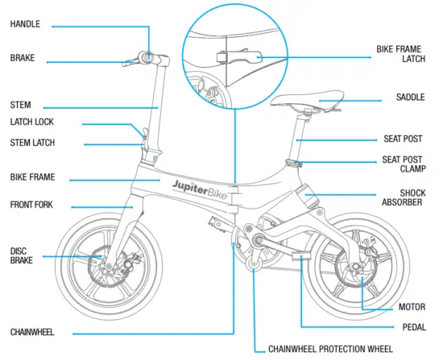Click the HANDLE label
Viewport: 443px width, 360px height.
pos(26,25)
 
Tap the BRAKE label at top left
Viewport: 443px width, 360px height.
pos(23,59)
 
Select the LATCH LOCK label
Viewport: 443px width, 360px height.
pos(33,123)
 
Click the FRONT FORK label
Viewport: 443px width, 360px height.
pos(31,205)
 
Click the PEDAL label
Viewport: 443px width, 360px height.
pos(414,328)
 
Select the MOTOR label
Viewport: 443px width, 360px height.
pos(412,307)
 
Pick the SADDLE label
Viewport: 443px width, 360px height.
pos(411,97)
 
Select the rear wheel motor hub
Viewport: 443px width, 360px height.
pos(359,276)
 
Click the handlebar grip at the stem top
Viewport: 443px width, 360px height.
pos(147,56)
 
